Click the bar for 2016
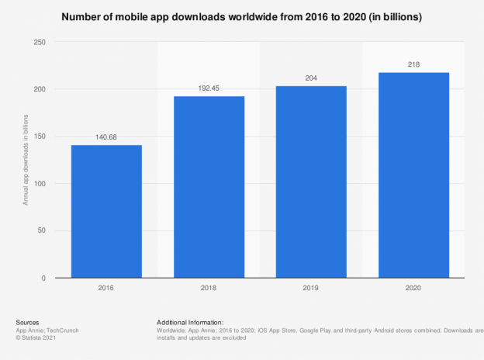pyautogui.click(x=106, y=211)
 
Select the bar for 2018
pyautogui.click(x=209, y=187)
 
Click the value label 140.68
pyautogui.click(x=106, y=138)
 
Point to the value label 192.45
pyautogui.click(x=209, y=89)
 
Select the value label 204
pyautogui.click(x=311, y=78)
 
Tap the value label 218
pyautogui.click(x=413, y=65)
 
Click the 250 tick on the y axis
pyautogui.click(x=38, y=42)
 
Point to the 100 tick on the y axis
pyautogui.click(x=38, y=184)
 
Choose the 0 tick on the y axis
pyautogui.click(x=43, y=278)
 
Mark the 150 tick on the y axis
pyautogui.click(x=38, y=137)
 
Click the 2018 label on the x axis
pyautogui.click(x=209, y=289)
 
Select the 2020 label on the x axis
pyautogui.click(x=413, y=289)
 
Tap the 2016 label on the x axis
pyautogui.click(x=106, y=289)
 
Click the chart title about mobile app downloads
pyautogui.click(x=242, y=17)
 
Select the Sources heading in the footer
pyautogui.click(x=28, y=322)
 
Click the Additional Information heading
pyautogui.click(x=190, y=322)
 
